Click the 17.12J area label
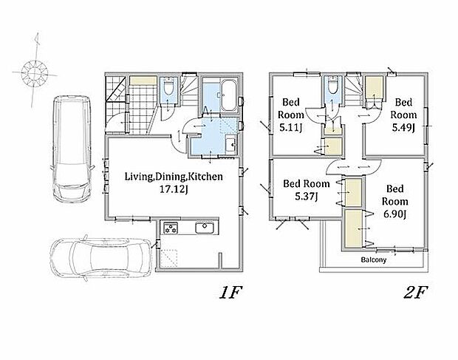(x=174, y=189)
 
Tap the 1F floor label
(x=230, y=293)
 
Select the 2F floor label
(x=415, y=293)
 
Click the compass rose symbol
(x=35, y=71)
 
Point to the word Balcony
(x=374, y=259)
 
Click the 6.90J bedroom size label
(x=395, y=214)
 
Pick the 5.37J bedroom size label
(x=306, y=197)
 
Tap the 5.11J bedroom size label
(x=290, y=128)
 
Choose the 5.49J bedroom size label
(x=403, y=128)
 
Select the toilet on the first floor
(x=168, y=86)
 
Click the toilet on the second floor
(x=332, y=85)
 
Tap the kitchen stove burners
(x=171, y=228)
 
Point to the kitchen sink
(x=205, y=228)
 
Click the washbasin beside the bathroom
(x=231, y=144)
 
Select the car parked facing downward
(x=72, y=149)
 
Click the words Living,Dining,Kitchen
(x=174, y=177)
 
